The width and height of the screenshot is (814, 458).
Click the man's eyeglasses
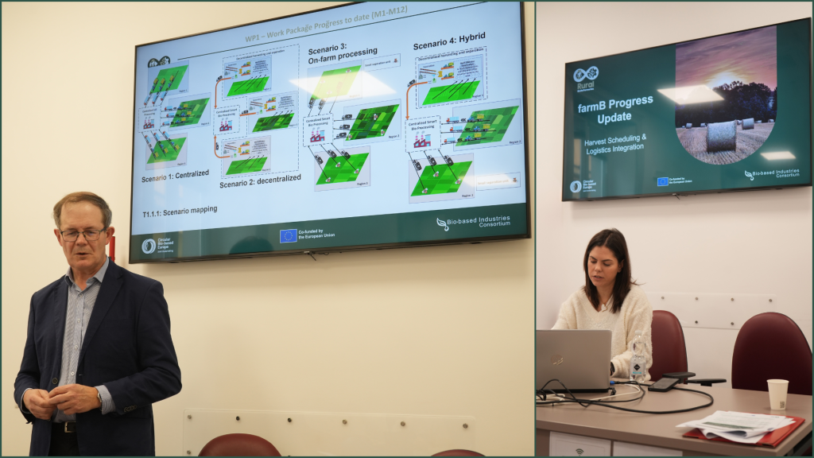coord(82,234)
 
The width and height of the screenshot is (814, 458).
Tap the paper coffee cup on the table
coord(777,394)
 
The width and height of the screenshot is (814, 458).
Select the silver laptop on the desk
coord(573,359)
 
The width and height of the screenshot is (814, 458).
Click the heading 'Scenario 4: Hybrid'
coord(448,37)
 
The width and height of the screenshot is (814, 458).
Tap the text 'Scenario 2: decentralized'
coord(260,179)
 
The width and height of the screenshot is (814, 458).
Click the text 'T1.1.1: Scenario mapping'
coord(180,210)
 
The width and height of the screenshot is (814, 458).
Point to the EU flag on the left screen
coord(289,235)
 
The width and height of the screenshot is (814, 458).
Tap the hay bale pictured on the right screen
coord(721,135)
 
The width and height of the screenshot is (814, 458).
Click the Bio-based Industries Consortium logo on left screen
coord(473,222)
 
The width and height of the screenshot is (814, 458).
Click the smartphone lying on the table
coord(664,384)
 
